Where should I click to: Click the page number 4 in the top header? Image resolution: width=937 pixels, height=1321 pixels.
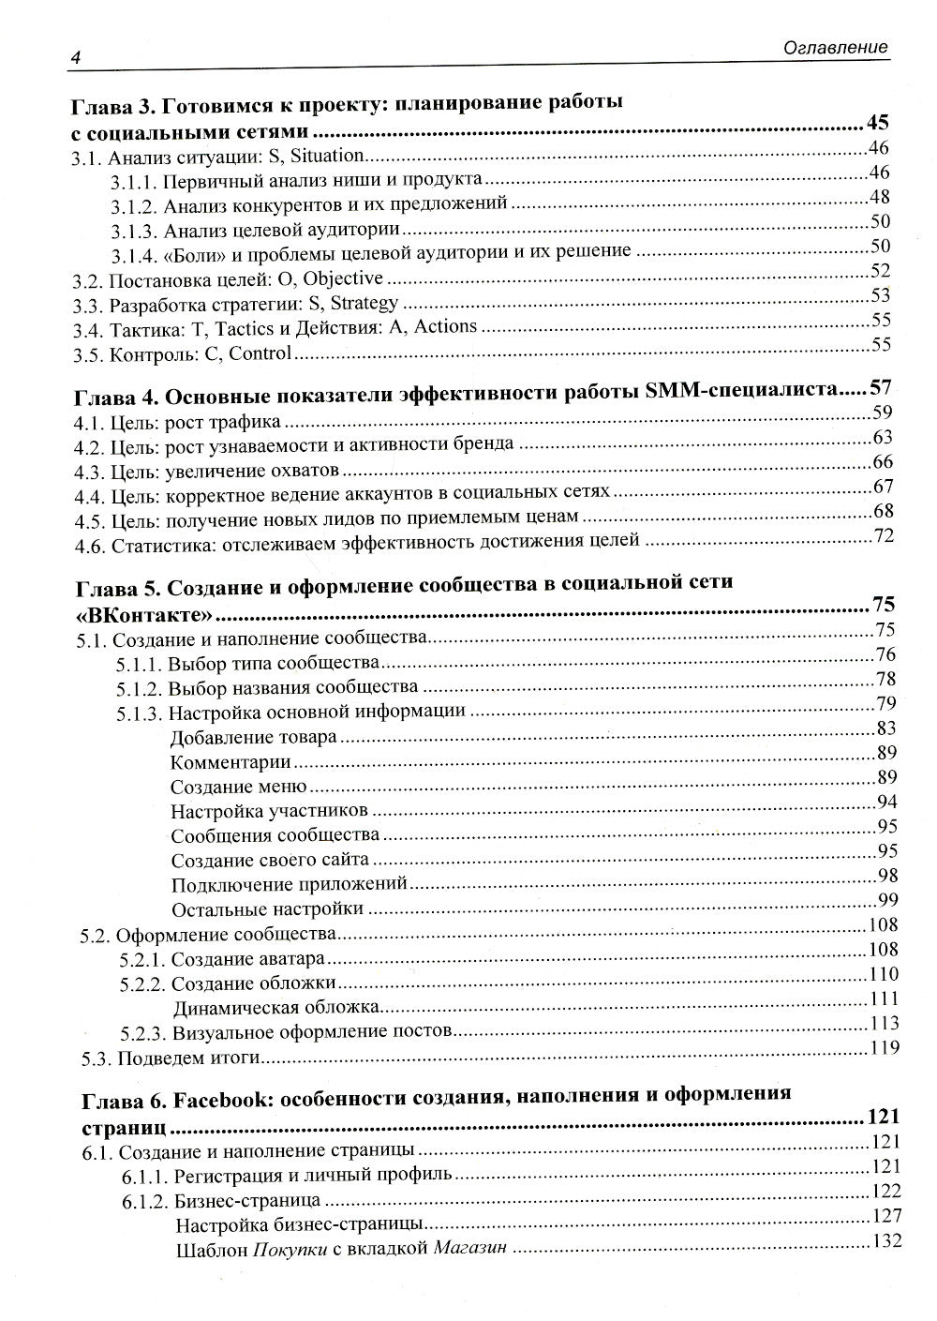[x=73, y=57]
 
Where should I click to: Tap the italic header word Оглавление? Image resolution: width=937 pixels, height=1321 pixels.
[x=838, y=48]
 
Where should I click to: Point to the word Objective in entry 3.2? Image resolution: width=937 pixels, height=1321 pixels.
[x=343, y=278]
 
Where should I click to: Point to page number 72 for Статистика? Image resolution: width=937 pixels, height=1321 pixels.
[x=884, y=535]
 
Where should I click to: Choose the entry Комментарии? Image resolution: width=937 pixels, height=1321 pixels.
[x=231, y=761]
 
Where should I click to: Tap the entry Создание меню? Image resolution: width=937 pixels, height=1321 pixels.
[x=239, y=786]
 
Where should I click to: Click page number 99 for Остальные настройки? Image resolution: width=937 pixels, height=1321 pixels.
[x=887, y=900]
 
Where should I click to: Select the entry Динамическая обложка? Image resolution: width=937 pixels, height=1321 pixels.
[x=276, y=1008]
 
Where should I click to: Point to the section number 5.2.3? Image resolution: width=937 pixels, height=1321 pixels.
[x=143, y=1033]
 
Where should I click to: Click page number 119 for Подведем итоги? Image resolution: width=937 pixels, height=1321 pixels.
[x=884, y=1048]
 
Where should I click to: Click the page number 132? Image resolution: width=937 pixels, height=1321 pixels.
[x=885, y=1240]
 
